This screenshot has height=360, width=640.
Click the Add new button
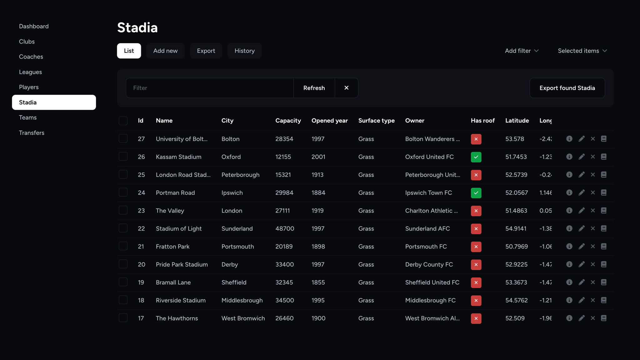(x=165, y=51)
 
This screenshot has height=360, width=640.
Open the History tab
(x=244, y=51)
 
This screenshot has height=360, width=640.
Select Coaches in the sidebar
(x=31, y=57)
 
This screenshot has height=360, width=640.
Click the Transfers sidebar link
(x=32, y=133)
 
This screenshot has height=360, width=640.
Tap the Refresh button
(x=314, y=88)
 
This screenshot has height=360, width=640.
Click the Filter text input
(x=209, y=88)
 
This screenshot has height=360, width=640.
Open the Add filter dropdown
(x=522, y=51)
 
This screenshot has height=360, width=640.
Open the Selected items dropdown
(x=582, y=51)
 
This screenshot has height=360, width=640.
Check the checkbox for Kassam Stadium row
(x=123, y=157)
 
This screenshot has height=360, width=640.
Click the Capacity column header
(x=288, y=121)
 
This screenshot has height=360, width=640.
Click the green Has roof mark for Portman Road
(x=476, y=193)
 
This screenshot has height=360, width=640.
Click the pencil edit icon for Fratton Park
(x=581, y=247)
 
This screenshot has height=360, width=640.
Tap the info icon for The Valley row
(x=569, y=211)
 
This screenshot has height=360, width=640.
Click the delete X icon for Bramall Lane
(x=592, y=282)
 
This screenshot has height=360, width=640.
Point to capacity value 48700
(x=285, y=229)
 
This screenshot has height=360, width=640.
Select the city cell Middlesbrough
(x=242, y=300)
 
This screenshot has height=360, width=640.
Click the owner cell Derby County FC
(x=429, y=265)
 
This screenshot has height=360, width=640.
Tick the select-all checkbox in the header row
(x=123, y=121)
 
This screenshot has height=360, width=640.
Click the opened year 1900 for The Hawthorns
(x=318, y=318)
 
